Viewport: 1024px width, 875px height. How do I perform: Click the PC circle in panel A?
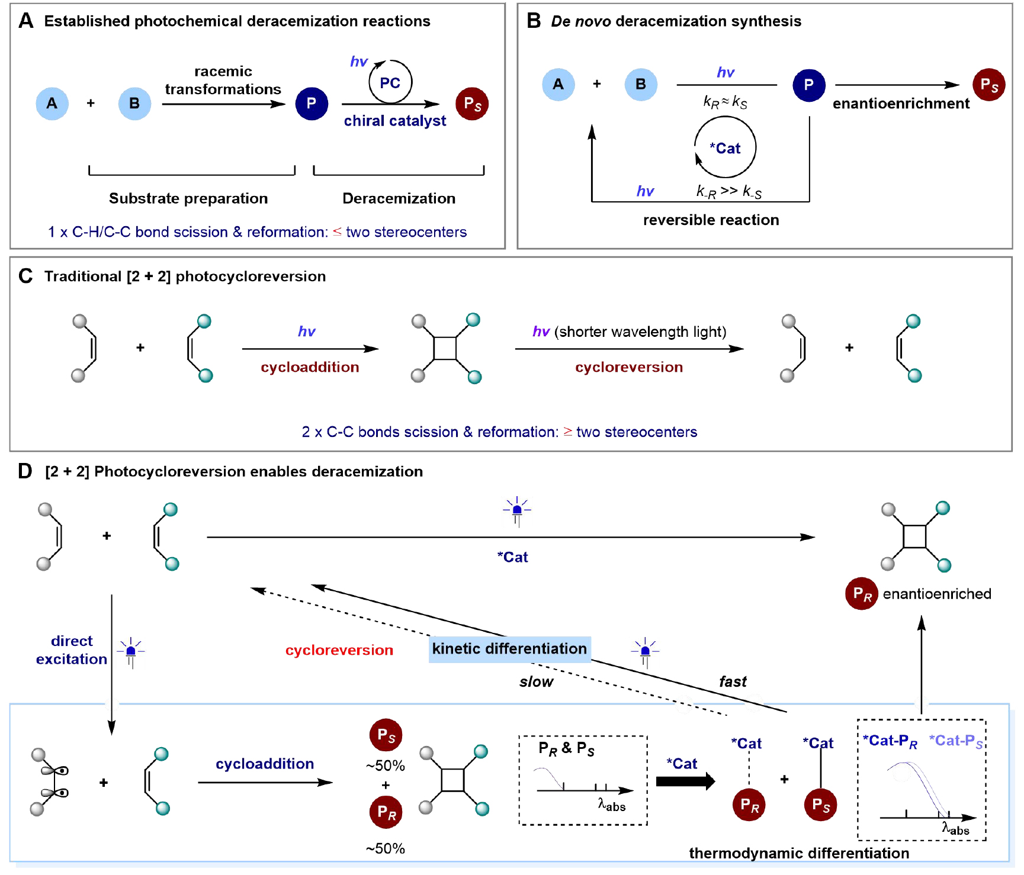point(390,82)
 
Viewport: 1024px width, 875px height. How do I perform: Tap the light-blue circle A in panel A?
point(52,104)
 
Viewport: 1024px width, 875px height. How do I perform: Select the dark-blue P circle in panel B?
point(809,85)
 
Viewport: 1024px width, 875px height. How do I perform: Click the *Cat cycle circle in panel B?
point(726,147)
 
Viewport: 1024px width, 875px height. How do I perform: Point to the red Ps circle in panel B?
point(989,85)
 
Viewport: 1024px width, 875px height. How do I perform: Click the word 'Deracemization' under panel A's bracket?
point(399,198)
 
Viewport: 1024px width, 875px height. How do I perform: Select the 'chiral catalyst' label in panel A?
point(395,121)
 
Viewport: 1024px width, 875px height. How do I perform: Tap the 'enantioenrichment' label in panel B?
point(901,104)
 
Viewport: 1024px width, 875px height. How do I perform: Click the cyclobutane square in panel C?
point(445,348)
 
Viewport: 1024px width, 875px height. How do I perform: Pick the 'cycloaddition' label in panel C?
point(310,367)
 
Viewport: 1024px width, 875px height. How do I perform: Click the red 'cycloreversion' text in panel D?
point(339,650)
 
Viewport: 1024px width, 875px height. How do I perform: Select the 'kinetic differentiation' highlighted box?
point(509,649)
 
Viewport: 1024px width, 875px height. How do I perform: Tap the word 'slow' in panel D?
point(536,682)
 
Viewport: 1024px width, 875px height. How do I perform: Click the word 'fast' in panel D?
point(733,681)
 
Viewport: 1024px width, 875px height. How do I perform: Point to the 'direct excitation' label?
point(72,650)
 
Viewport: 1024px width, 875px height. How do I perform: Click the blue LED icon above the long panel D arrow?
point(517,510)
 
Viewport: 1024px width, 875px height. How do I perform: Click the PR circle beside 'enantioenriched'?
point(862,594)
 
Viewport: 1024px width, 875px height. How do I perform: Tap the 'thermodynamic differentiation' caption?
point(799,853)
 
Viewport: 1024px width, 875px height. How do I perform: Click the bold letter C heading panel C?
point(25,276)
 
